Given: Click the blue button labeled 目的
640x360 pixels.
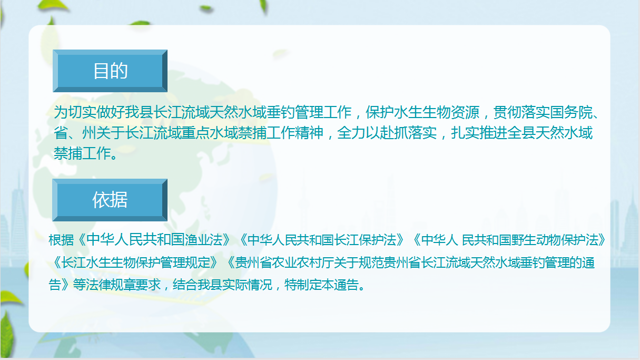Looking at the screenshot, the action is tap(110, 71).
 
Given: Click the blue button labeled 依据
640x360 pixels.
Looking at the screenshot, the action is tap(110, 200).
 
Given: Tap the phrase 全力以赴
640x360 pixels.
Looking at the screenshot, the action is tap(366, 133).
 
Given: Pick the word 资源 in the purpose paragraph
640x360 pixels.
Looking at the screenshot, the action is tap(465, 112).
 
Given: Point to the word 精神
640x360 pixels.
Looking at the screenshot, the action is tap(309, 133).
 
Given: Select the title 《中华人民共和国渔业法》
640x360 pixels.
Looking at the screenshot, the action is tap(154, 240).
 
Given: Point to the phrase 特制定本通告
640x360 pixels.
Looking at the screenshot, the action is tap(321, 285).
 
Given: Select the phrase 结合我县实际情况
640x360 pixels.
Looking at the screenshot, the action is tap(222, 285).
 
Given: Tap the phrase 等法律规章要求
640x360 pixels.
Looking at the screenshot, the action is tap(116, 285).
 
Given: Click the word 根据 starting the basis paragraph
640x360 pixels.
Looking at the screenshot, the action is tap(61, 240).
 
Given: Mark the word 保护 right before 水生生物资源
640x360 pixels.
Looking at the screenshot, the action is tap(380, 112).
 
